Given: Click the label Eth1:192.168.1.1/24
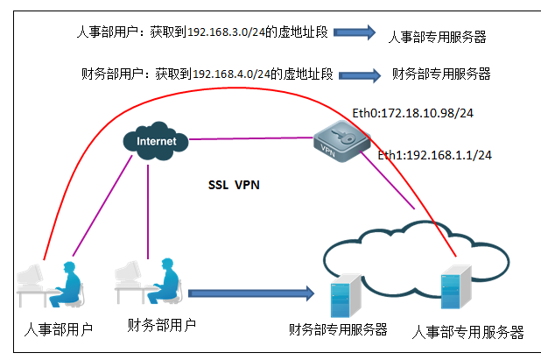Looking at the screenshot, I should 434,155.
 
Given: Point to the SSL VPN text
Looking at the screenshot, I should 234,185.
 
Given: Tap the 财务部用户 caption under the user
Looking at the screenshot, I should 161,325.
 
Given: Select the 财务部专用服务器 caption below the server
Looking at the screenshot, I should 338,329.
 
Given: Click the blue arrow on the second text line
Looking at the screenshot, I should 358,75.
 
